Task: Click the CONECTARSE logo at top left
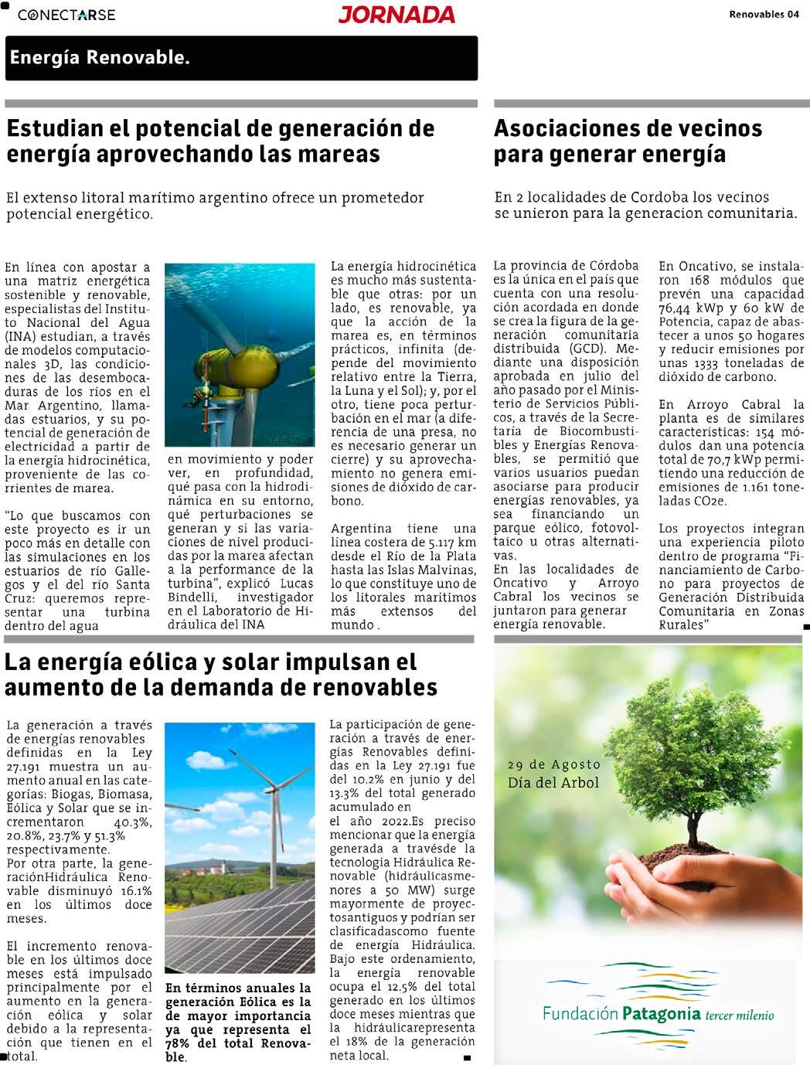click(x=66, y=15)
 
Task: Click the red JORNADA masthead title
click(x=396, y=15)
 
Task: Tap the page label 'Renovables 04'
click(x=764, y=14)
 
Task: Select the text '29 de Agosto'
click(x=553, y=764)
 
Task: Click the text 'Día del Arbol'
click(x=553, y=783)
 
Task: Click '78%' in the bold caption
click(x=179, y=1044)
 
